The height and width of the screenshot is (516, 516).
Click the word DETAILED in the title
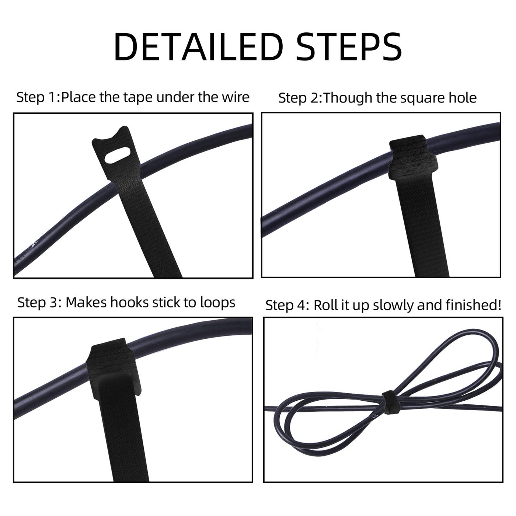(x=199, y=47)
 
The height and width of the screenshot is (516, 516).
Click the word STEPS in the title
(x=349, y=47)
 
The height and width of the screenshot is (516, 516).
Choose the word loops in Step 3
(x=218, y=303)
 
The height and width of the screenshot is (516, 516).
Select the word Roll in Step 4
(x=325, y=305)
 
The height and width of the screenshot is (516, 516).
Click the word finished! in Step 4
(x=473, y=305)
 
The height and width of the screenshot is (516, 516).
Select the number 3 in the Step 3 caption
(x=53, y=303)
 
